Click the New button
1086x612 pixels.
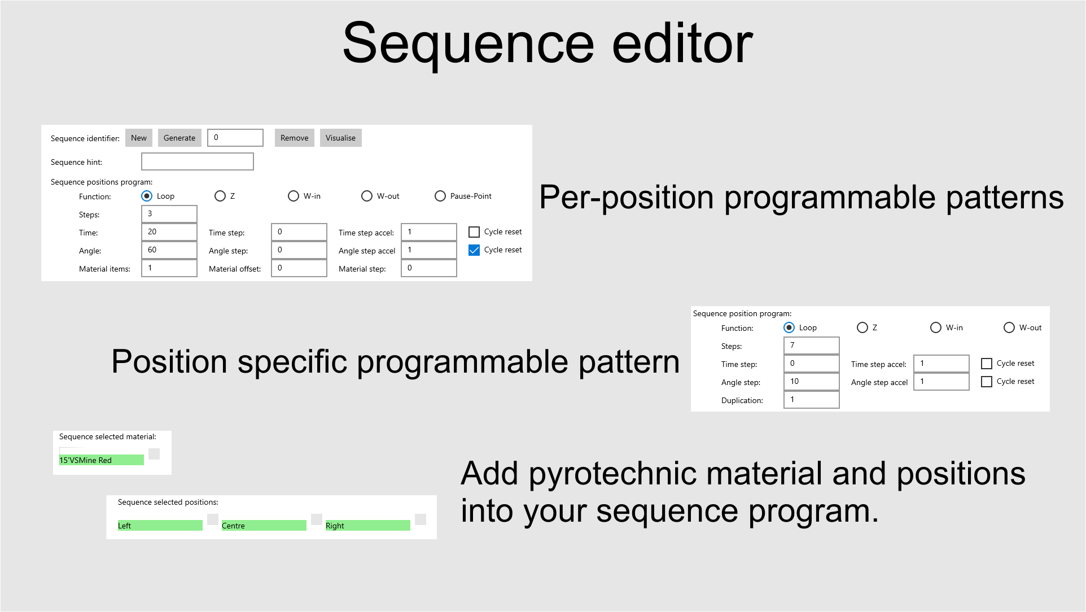[138, 138]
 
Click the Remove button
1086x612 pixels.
[294, 138]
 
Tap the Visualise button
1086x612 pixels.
[340, 138]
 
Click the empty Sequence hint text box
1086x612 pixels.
[197, 161]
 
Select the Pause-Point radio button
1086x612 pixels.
[440, 196]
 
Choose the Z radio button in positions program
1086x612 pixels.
[220, 196]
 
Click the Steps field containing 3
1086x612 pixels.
[169, 214]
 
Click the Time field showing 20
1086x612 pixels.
[169, 232]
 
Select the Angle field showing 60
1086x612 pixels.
[169, 250]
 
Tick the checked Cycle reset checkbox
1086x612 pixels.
[474, 250]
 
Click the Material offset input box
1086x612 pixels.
[299, 268]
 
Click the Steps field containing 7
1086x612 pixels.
[811, 346]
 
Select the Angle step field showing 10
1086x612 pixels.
[811, 382]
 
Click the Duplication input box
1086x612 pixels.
[811, 400]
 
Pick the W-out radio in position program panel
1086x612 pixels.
[1009, 327]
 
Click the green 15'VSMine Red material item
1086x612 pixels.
[102, 460]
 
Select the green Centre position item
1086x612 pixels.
[264, 526]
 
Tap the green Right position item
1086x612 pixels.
[367, 526]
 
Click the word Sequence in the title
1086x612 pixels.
[468, 44]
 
